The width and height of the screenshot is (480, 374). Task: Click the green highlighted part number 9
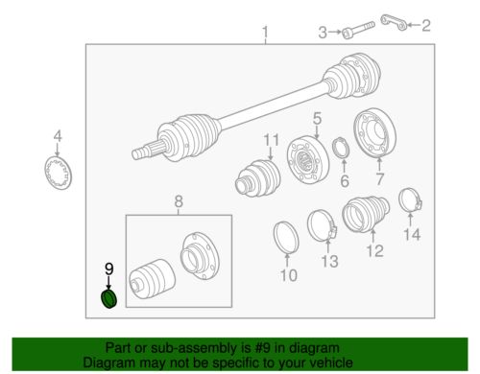tap(108, 299)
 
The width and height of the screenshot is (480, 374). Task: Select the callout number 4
tap(58, 136)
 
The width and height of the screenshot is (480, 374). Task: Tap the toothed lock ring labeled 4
tap(59, 173)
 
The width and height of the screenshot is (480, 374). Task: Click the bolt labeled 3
tap(358, 30)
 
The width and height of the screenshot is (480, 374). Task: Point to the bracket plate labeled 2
tap(394, 23)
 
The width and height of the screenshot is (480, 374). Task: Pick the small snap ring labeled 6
tap(341, 148)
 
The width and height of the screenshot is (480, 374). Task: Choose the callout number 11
tap(271, 140)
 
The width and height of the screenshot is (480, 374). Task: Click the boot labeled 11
tap(258, 177)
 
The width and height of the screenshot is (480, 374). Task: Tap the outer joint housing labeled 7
tap(375, 133)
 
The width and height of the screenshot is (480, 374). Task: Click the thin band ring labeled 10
tap(286, 237)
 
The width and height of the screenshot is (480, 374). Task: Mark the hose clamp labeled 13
tap(323, 226)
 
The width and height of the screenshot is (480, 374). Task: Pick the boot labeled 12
tap(366, 213)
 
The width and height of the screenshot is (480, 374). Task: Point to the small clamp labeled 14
tap(411, 201)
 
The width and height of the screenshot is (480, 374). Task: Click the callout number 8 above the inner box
tap(179, 201)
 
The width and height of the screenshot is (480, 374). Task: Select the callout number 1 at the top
tap(265, 33)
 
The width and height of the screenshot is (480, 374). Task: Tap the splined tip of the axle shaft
tap(139, 153)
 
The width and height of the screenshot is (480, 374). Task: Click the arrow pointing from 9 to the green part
tap(108, 283)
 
